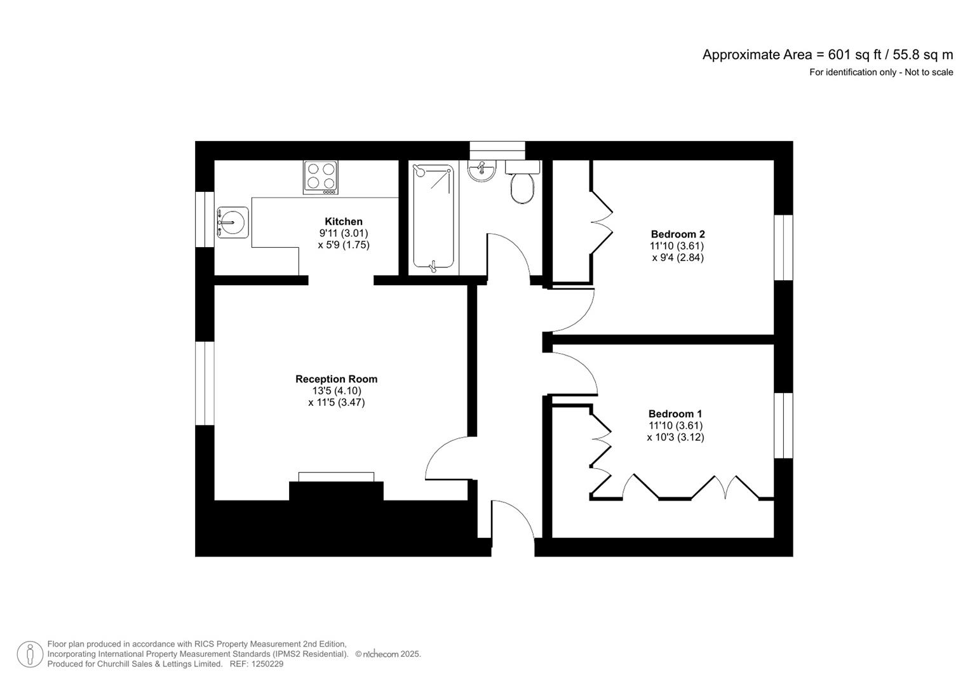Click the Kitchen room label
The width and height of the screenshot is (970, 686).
[344, 221]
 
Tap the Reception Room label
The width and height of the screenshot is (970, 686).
[336, 379]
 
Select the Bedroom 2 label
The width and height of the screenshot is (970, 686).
[678, 234]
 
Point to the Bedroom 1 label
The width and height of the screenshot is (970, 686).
[675, 414]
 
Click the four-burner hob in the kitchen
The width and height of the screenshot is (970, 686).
[321, 177]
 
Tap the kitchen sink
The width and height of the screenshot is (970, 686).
[232, 222]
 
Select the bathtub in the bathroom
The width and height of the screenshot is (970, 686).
[433, 217]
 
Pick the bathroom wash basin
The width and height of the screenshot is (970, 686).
[482, 171]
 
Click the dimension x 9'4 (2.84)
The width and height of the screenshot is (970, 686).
[677, 258]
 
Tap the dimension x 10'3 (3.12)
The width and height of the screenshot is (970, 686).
[675, 438]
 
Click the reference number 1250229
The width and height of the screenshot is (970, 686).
[267, 664]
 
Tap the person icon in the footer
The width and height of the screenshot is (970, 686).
[30, 654]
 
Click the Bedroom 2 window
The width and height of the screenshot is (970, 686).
[784, 248]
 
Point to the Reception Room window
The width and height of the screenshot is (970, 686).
[205, 383]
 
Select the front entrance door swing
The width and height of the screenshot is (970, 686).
[513, 521]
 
